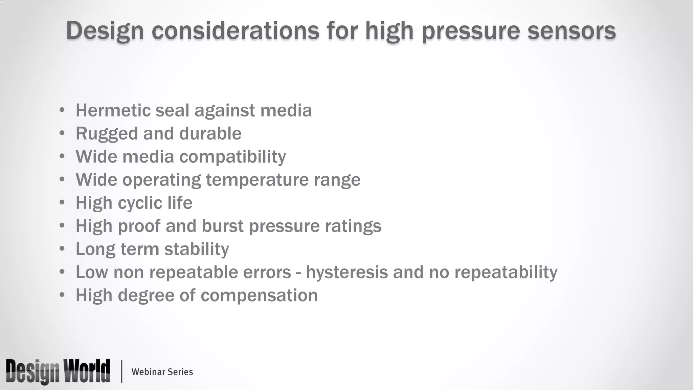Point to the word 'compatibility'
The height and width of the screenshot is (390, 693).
tap(232, 157)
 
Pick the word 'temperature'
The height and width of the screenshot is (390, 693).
tap(257, 180)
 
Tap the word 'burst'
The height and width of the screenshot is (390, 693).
tap(223, 226)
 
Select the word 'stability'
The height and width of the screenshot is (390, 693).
tap(197, 249)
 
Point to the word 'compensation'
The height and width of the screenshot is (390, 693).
tap(259, 295)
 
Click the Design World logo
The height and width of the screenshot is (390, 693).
tap(58, 371)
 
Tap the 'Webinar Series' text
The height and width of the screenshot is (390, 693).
tap(162, 372)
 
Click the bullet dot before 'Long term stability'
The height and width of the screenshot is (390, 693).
tap(62, 249)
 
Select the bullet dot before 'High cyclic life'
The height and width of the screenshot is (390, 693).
tap(62, 203)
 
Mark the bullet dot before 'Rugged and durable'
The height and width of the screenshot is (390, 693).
tap(62, 133)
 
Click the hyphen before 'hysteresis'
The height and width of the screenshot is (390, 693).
tap(298, 273)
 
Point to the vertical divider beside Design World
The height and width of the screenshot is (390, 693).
tap(121, 371)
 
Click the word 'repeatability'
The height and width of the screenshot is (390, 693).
tap(506, 272)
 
